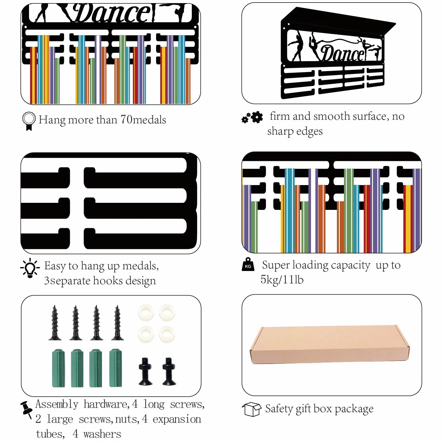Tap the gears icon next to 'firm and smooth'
click(252, 117)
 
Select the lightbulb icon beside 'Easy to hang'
click(30, 268)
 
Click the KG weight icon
click(248, 265)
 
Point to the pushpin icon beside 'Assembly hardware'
click(26, 409)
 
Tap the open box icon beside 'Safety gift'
click(252, 409)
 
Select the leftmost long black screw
click(55, 323)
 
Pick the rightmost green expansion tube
click(116, 368)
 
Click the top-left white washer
click(146, 313)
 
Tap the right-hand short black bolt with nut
click(169, 371)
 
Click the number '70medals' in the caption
click(143, 120)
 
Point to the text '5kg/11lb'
click(282, 280)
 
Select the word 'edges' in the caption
click(309, 132)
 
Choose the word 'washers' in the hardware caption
click(102, 434)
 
